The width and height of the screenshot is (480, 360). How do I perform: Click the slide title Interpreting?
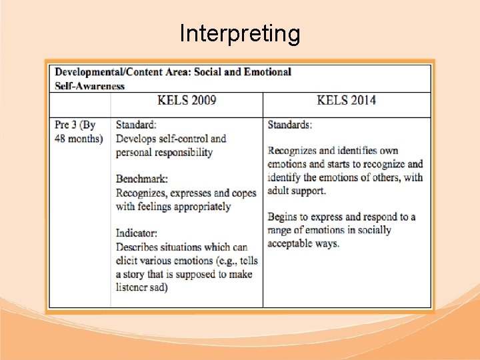click(240, 33)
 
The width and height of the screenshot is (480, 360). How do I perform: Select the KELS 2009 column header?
click(187, 101)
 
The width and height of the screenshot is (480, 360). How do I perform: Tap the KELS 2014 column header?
click(346, 101)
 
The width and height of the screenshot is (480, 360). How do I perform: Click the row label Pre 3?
click(67, 125)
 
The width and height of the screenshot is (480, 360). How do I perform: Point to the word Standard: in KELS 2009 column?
click(137, 125)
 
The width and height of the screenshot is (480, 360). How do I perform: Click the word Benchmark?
click(142, 179)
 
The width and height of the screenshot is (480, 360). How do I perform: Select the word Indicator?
click(137, 233)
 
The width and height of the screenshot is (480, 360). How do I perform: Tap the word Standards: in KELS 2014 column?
click(290, 125)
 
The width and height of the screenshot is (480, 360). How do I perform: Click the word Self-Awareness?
click(89, 85)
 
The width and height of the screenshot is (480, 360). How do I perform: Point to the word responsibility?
click(181, 152)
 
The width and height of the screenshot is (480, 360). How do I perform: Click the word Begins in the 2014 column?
click(283, 217)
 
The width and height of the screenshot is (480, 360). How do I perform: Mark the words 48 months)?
click(79, 139)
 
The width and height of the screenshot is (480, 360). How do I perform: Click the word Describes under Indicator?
click(141, 247)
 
